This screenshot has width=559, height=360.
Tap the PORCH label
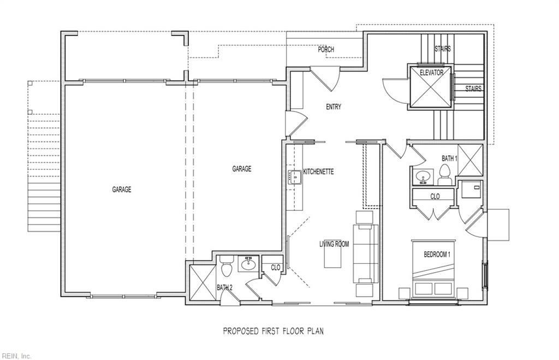(326, 50)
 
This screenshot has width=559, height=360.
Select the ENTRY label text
(334, 107)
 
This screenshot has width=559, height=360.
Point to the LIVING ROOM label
(334, 244)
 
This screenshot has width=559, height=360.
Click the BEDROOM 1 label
(437, 255)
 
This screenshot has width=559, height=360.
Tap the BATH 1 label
(449, 158)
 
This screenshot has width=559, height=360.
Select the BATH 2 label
(224, 287)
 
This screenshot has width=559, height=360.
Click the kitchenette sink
(294, 177)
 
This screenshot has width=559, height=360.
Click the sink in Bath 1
(422, 177)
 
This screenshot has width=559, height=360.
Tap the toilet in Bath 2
(228, 268)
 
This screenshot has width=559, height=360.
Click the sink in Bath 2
(249, 263)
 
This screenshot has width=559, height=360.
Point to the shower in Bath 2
(203, 281)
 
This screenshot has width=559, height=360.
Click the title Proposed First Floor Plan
(274, 331)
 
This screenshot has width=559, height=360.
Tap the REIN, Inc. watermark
(16, 356)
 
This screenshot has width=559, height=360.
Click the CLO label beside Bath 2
(276, 268)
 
